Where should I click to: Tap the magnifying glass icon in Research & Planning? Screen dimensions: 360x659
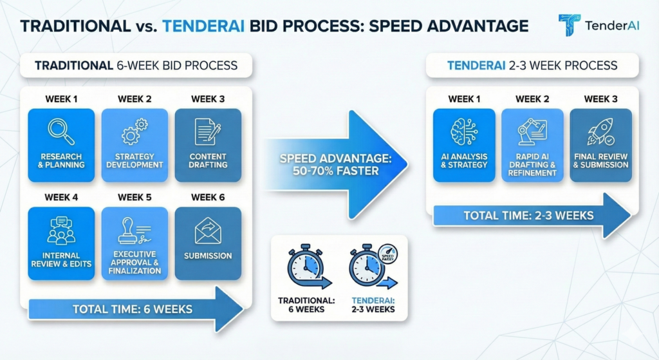[x=61, y=131]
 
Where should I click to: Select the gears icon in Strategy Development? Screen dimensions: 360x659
[x=135, y=131]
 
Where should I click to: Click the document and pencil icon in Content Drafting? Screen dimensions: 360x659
[x=208, y=131]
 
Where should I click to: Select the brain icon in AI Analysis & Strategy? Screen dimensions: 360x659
[x=464, y=131]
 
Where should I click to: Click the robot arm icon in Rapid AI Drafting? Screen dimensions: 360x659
[x=532, y=131]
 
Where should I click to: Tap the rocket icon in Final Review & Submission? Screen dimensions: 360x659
[x=600, y=131]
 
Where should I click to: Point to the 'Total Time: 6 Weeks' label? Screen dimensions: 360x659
[x=132, y=309]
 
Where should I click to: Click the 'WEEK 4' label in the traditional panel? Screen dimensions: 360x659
[x=61, y=198]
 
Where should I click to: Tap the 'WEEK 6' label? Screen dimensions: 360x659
[x=208, y=198]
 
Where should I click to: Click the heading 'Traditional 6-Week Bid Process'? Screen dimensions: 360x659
[x=136, y=66]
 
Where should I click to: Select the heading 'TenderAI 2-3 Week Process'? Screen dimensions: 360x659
[x=532, y=66]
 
